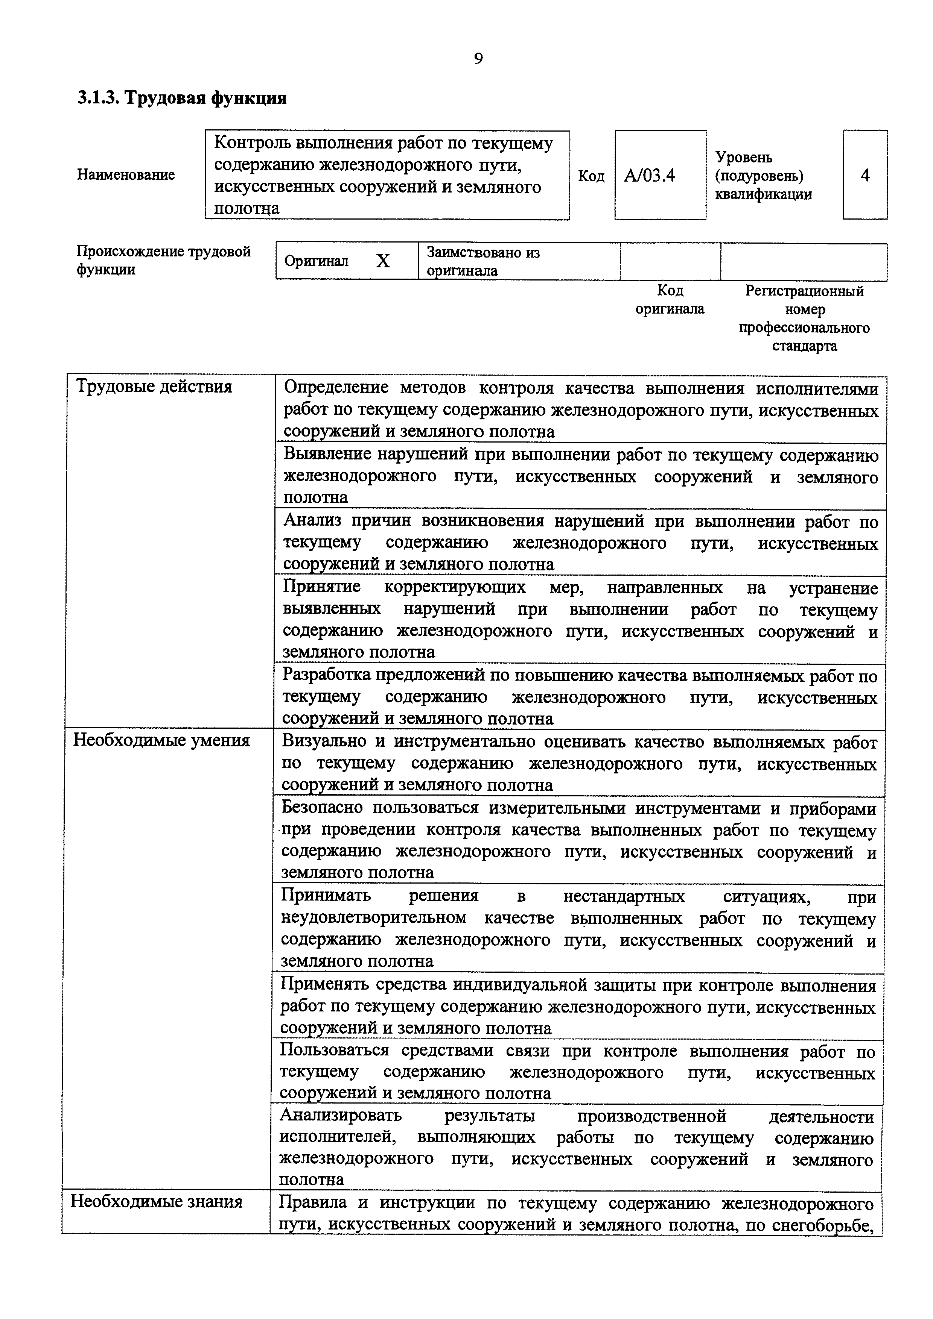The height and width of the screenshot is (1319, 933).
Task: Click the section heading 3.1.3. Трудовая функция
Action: tap(182, 98)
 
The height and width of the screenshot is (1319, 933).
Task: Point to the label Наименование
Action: tap(126, 174)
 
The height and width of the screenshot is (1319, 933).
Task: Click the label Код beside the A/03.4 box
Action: tap(591, 176)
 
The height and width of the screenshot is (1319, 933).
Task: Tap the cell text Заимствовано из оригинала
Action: tap(483, 261)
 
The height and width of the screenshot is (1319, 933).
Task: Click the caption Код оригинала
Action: tap(670, 300)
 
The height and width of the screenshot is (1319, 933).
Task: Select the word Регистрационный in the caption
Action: tap(804, 291)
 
